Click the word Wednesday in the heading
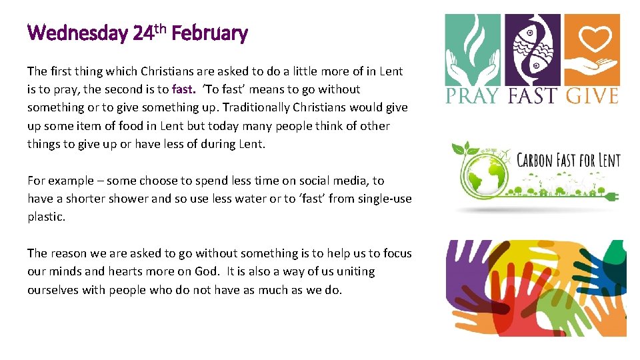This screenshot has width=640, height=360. tap(77, 33)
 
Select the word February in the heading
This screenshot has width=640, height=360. tap(209, 33)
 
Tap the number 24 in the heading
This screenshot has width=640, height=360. tap(143, 33)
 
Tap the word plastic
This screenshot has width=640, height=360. tap(46, 217)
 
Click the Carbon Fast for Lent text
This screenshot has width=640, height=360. tap(569, 161)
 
